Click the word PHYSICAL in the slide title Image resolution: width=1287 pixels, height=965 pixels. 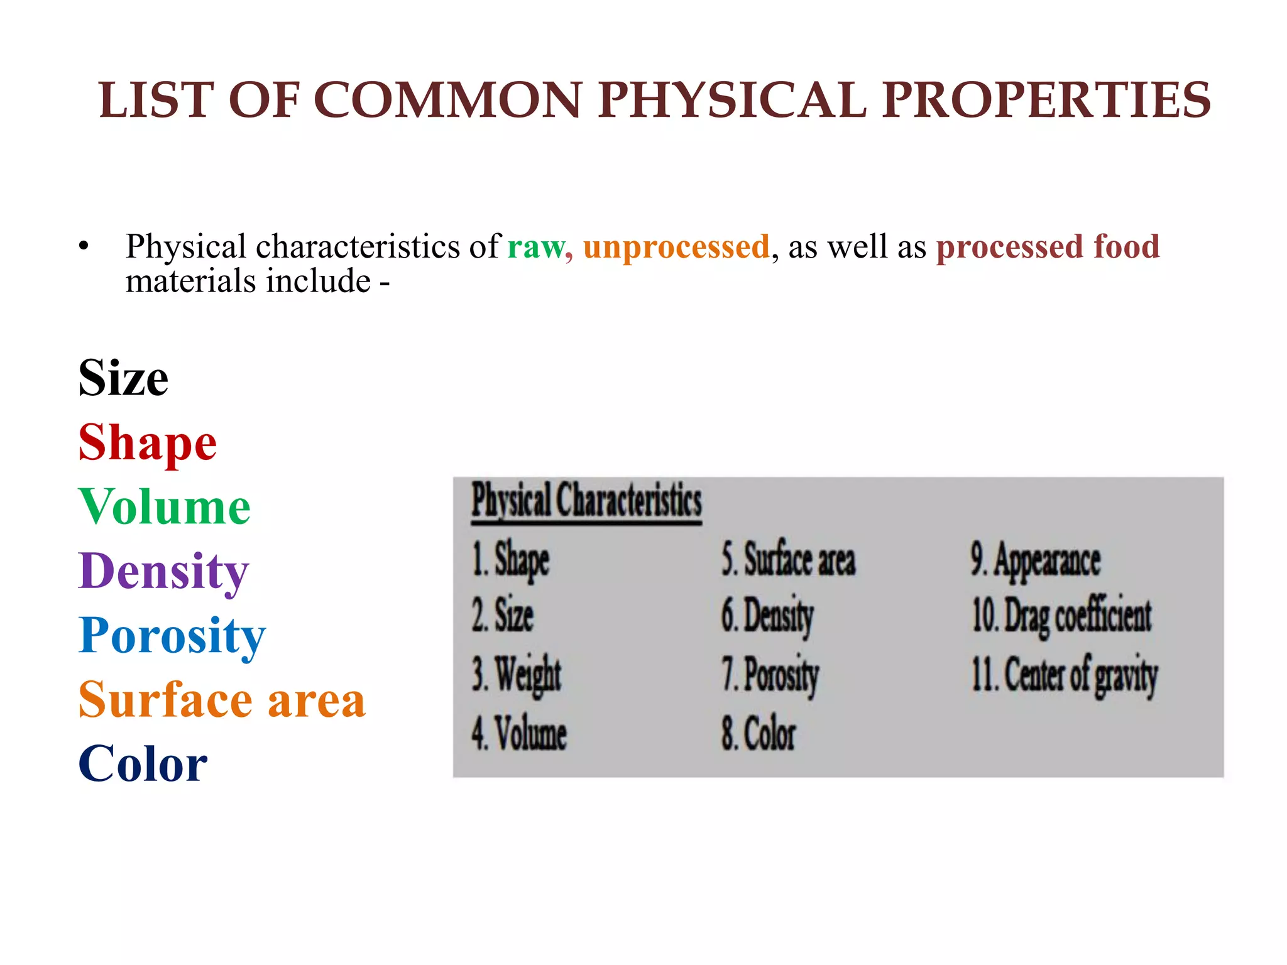pos(732,101)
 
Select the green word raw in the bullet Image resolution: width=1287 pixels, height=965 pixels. pos(539,247)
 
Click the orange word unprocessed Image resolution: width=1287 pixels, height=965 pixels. pos(676,247)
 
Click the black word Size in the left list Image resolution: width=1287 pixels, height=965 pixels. pos(123,378)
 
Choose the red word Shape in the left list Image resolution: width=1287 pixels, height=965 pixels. pos(148,443)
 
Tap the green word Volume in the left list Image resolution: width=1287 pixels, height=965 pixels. pos(165,507)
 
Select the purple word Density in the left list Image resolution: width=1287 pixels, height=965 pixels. pos(163,572)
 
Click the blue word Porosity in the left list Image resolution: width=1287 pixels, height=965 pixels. pos(172,636)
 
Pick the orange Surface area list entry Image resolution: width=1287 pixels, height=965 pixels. pos(222,700)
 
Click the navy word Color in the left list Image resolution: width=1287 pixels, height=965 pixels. pos(143,765)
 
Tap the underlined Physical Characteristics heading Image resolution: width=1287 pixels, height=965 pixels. pos(586,501)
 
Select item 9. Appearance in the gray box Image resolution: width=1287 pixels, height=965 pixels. pos(1035,560)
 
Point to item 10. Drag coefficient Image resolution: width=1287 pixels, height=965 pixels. pos(1061,616)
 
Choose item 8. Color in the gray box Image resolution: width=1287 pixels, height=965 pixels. pos(758,733)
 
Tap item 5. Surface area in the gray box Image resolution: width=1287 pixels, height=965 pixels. pos(788,559)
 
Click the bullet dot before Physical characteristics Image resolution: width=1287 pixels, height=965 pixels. pos(84,246)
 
